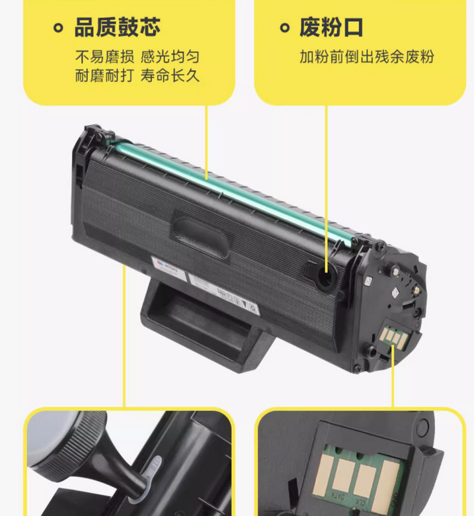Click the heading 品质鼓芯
116,28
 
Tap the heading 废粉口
331,28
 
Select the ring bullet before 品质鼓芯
58,28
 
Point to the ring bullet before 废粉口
284,28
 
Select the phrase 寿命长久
171,75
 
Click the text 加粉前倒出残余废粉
366,56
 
